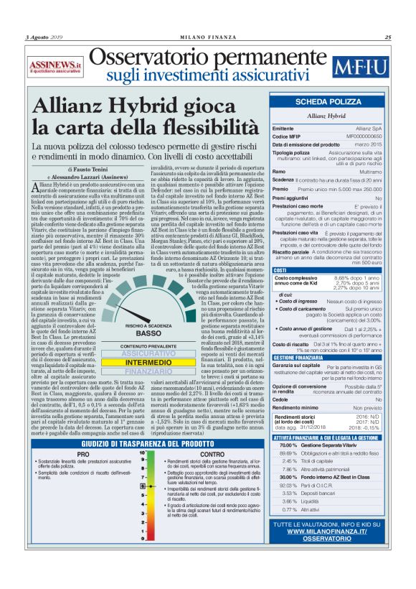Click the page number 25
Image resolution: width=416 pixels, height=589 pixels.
point(387,37)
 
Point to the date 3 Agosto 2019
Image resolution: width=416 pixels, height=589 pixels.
point(45,37)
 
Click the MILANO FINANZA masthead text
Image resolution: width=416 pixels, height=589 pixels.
point(207,37)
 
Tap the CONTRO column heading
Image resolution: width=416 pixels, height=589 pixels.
point(212,455)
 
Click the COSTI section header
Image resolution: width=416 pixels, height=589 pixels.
point(281,269)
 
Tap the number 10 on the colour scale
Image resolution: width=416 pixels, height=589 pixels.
point(143,453)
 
